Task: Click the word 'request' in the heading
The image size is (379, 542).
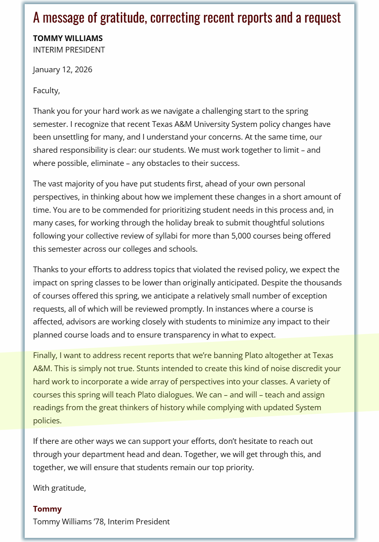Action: pyautogui.click(x=323, y=18)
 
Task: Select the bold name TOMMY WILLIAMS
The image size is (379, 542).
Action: pyautogui.click(x=68, y=38)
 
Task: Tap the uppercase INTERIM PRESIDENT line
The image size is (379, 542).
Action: pyautogui.click(x=69, y=50)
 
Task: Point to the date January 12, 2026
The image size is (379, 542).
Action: pyautogui.click(x=62, y=69)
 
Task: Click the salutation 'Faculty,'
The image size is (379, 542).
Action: pyautogui.click(x=46, y=90)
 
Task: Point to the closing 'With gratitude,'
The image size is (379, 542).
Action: pyautogui.click(x=60, y=488)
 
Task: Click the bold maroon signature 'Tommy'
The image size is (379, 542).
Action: pyautogui.click(x=47, y=509)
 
